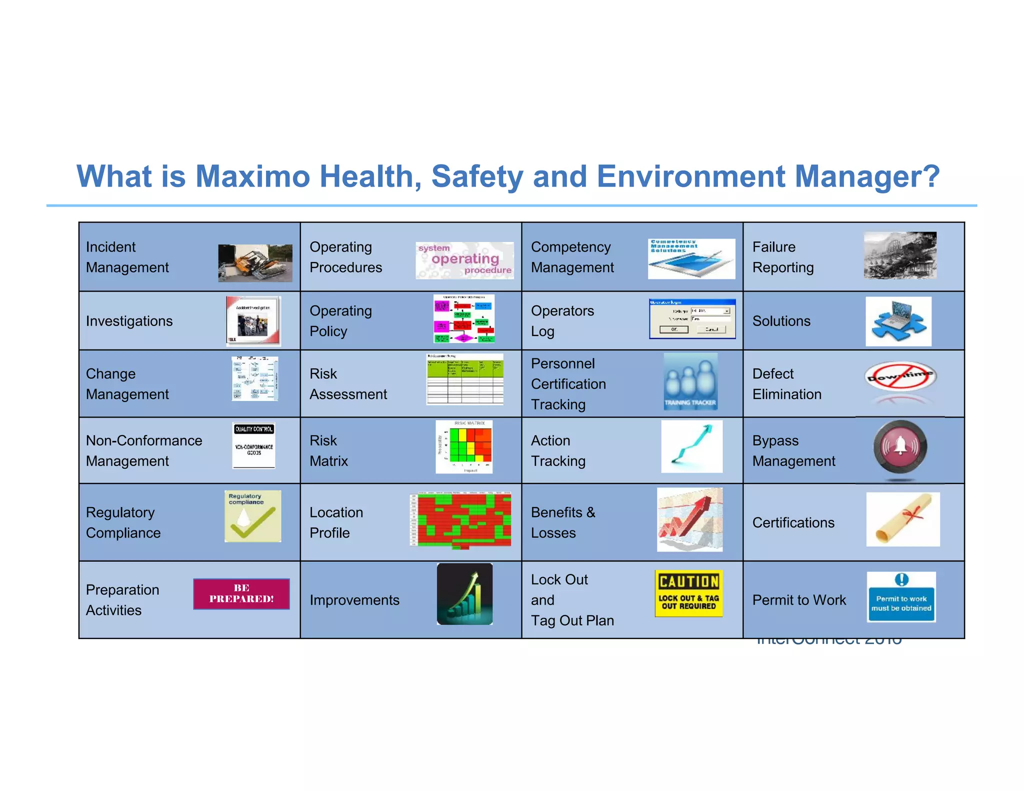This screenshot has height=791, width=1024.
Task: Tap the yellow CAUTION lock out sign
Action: coord(688,593)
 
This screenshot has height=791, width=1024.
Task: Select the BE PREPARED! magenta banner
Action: coord(241,594)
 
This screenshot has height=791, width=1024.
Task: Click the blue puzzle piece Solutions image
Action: coord(898,321)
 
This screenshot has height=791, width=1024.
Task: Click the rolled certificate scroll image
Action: coord(903,519)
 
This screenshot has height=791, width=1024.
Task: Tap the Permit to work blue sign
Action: coord(901,597)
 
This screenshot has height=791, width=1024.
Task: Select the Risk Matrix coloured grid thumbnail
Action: coord(464,447)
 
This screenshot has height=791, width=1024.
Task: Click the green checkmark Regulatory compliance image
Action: coord(253,516)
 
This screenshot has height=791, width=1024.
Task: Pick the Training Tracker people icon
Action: coord(690,382)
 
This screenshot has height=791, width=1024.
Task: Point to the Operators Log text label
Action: coord(562,321)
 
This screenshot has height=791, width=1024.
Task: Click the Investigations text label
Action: coord(129,321)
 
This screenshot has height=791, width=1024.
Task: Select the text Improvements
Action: coord(354,600)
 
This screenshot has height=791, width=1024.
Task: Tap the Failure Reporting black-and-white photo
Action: coord(900,255)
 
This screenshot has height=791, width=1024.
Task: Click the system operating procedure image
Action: coord(464,260)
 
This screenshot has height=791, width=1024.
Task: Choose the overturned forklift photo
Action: coord(255,263)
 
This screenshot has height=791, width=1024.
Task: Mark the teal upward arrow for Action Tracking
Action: coord(692,446)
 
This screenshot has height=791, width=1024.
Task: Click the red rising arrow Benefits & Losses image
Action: coord(689,520)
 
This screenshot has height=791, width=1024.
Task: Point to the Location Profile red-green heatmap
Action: coord(460,520)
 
